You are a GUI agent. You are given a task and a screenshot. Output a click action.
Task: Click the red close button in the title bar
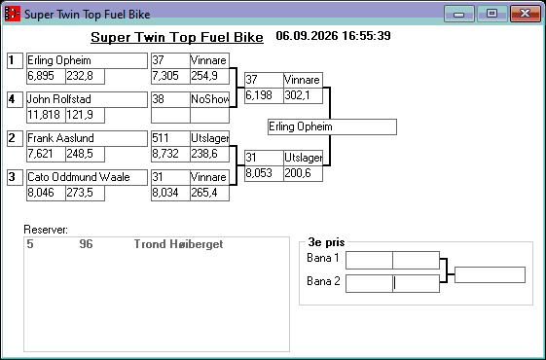click(526, 14)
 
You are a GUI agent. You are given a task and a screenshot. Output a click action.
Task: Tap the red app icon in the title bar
click(13, 14)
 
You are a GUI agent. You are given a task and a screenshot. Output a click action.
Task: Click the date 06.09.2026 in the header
click(307, 36)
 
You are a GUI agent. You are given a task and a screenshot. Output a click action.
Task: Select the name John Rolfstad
click(59, 99)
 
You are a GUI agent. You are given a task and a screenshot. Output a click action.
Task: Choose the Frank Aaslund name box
click(87, 138)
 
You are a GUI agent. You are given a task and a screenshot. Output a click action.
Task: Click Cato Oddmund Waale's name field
click(87, 177)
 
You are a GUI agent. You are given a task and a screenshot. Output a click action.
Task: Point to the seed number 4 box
click(15, 99)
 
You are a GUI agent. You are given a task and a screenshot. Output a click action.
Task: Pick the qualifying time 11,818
click(44, 115)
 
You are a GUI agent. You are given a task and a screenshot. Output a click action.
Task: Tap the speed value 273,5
click(80, 193)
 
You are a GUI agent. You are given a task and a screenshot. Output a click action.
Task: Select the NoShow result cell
click(209, 99)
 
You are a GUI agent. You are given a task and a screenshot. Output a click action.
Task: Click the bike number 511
click(161, 138)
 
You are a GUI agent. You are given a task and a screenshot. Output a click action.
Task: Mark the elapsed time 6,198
click(259, 95)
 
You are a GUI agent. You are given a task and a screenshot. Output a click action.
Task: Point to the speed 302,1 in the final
click(297, 95)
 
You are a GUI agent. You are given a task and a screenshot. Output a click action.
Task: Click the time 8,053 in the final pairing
click(259, 173)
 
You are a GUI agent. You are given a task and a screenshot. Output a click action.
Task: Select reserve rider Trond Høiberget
click(178, 244)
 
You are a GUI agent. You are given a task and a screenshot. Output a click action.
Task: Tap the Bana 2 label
click(323, 281)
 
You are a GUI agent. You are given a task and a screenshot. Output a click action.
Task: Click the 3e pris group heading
click(326, 242)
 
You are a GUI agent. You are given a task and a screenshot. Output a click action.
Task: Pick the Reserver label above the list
click(46, 230)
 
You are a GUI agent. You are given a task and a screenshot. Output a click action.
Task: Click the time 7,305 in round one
click(165, 76)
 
